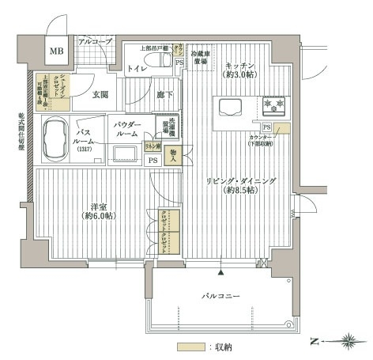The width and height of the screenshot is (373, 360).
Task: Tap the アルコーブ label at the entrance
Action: [96, 40]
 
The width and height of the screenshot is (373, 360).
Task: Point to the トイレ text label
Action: [138, 68]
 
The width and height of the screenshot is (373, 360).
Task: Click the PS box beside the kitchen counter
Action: [268, 127]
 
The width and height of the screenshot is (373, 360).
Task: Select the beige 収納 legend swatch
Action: [186, 347]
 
